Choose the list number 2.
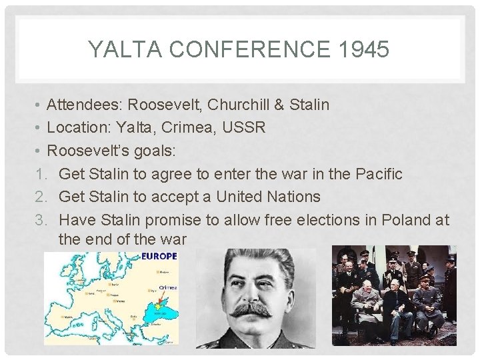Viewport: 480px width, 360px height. (41, 197)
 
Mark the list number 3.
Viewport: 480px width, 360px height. (41, 219)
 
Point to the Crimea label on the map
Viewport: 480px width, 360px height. (167, 288)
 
